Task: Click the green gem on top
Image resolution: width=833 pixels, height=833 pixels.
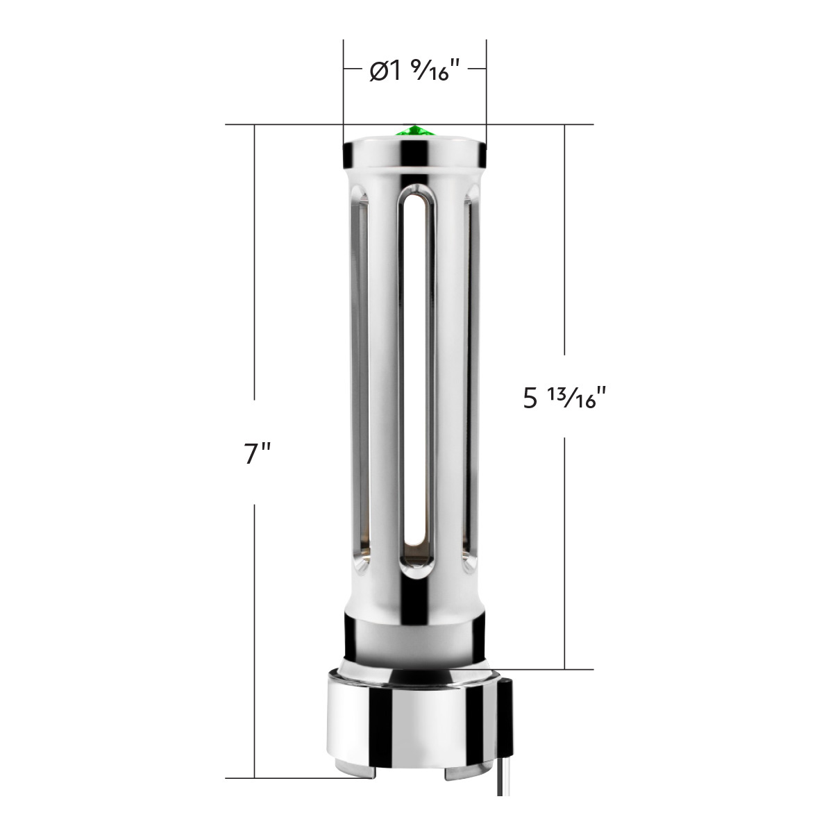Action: (x=414, y=131)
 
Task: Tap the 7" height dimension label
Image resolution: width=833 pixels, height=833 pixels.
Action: (x=258, y=454)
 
